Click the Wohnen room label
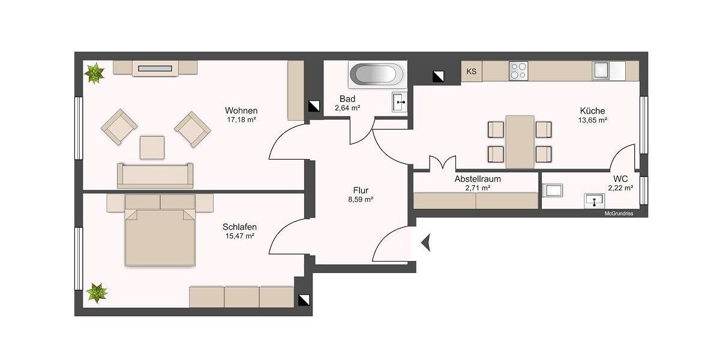[x=241, y=110]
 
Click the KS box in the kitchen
[x=472, y=72]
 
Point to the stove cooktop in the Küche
[x=518, y=71]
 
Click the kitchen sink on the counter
[x=601, y=71]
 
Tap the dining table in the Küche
[x=520, y=142]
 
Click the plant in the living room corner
[x=94, y=74]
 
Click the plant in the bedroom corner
[x=96, y=293]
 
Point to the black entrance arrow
[x=426, y=243]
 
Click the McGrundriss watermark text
[x=618, y=213]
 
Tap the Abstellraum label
[x=478, y=179]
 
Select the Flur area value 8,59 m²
[x=361, y=199]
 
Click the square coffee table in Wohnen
[x=152, y=147]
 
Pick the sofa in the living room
[x=155, y=175]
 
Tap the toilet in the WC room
[x=551, y=191]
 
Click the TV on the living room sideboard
[x=155, y=69]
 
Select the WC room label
[x=620, y=179]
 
